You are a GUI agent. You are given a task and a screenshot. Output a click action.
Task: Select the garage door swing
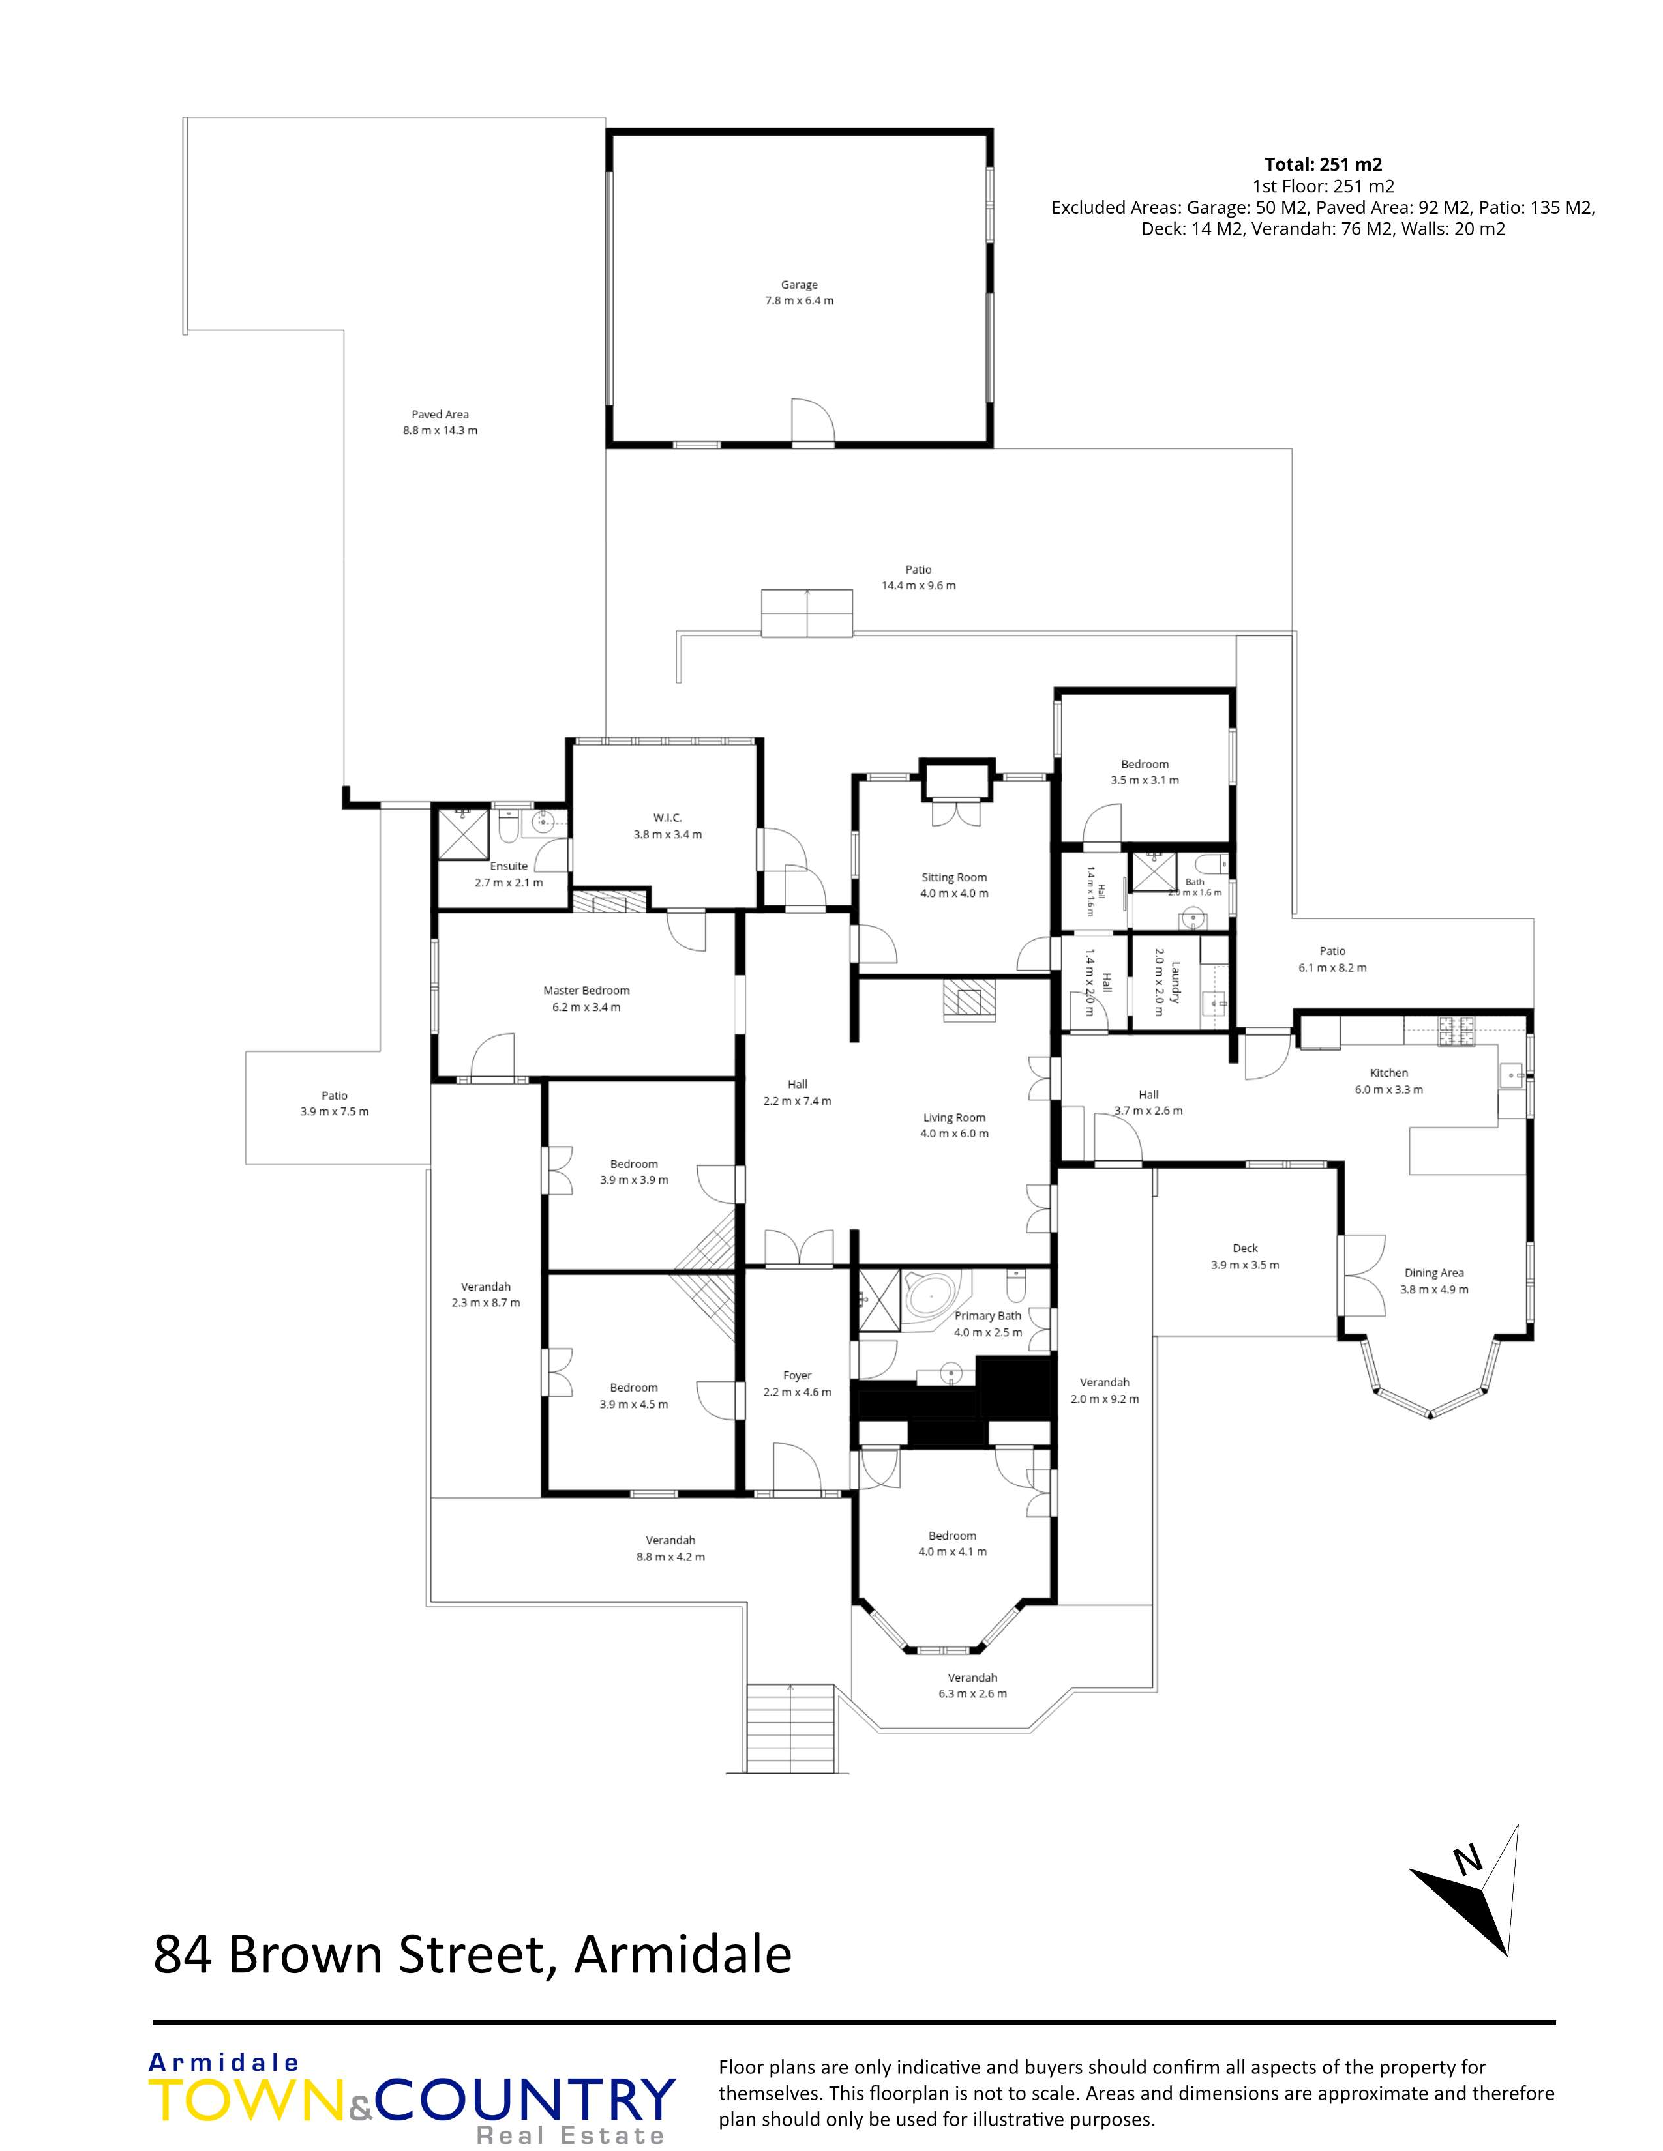click(813, 422)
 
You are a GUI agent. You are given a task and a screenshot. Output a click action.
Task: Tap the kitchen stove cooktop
click(1454, 1031)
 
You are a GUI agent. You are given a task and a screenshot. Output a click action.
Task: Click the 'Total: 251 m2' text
click(1323, 164)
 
